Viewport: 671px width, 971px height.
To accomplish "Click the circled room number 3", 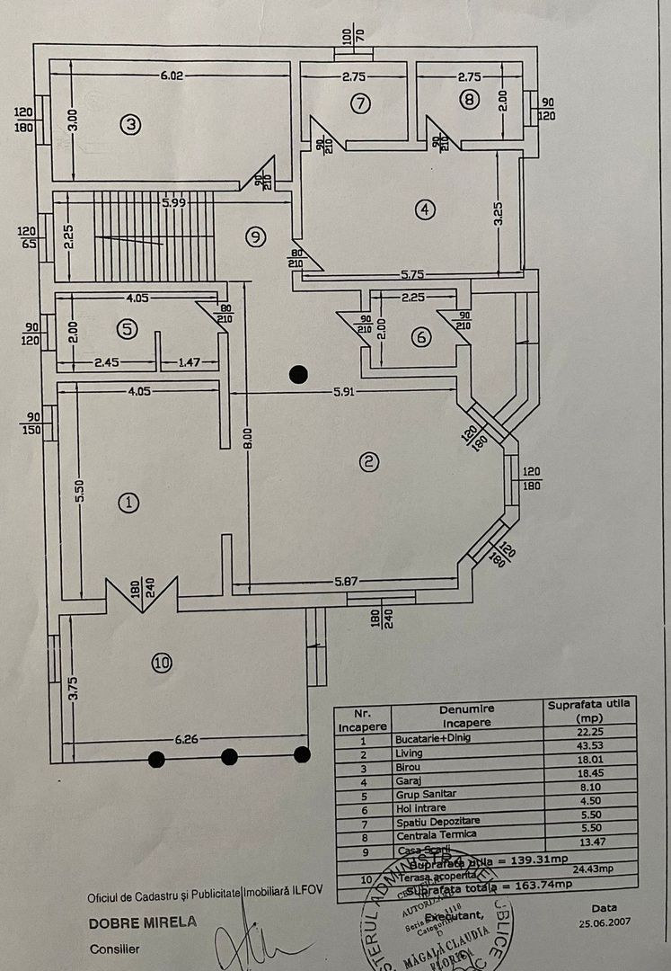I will point(130,125).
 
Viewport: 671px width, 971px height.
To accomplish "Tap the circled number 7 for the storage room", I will point(359,102).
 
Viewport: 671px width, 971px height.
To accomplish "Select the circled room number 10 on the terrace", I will point(161,664).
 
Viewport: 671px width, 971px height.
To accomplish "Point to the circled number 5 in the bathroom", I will point(128,328).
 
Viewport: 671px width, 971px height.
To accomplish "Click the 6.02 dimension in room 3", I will point(172,76).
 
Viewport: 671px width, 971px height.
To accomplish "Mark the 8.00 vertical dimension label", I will point(246,438).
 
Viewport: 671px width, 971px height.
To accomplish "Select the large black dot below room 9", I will point(298,373).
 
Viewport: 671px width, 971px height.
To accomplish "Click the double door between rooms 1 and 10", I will point(142,594).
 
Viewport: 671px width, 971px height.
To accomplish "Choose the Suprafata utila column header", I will point(590,709).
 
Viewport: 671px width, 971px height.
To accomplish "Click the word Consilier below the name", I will point(115,949).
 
